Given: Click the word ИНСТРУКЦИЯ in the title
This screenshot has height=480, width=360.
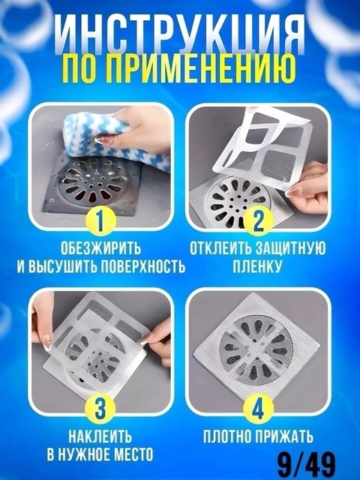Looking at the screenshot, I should tap(180, 34).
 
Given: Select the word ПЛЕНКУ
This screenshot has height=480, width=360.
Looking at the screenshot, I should tap(257, 265).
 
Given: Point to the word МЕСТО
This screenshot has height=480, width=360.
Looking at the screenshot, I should tap(132, 454).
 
